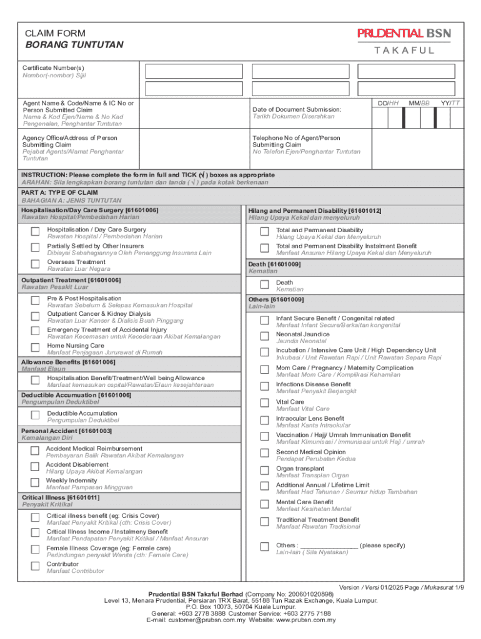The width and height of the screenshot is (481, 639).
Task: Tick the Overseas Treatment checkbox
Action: (36, 265)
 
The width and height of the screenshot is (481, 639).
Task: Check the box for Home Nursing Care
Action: (36, 348)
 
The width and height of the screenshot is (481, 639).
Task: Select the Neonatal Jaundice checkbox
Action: (264, 337)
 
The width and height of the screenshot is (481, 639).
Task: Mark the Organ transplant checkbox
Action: (264, 471)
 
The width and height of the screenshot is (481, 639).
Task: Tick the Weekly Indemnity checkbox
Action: (36, 483)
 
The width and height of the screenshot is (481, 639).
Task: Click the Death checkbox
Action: (264, 285)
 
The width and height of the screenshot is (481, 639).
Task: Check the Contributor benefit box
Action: (36, 567)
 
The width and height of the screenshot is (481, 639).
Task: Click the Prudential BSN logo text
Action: (404, 34)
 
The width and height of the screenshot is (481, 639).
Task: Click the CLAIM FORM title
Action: (55, 34)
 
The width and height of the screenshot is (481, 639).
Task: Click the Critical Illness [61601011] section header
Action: (60, 497)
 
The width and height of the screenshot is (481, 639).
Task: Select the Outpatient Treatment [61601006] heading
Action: (71, 280)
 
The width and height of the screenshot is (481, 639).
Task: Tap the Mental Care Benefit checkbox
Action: (264, 504)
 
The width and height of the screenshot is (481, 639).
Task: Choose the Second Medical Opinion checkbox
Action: (264, 454)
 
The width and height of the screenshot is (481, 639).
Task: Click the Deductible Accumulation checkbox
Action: (36, 416)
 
